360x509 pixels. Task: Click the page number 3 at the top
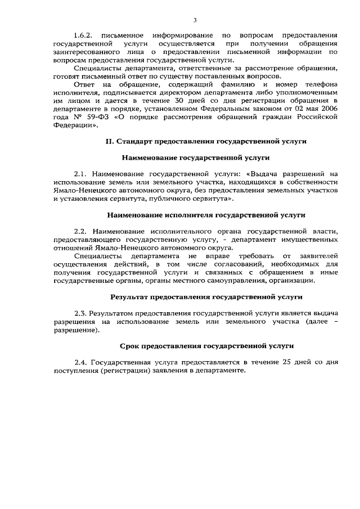[195, 20]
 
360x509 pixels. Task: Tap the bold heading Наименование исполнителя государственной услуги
[206, 215]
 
